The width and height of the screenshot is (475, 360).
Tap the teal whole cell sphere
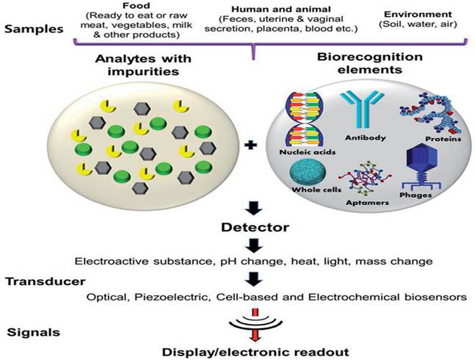[x=308, y=172]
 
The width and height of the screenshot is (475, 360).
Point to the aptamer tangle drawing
[x=366, y=179]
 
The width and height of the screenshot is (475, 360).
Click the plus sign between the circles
[x=250, y=145]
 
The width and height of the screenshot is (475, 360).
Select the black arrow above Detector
[x=254, y=208]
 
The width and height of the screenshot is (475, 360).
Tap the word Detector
[x=255, y=227]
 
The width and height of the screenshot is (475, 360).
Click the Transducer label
[x=46, y=281]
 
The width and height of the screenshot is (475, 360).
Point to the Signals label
[x=33, y=332]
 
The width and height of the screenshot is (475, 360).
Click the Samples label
[x=34, y=29]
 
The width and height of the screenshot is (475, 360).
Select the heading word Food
[x=137, y=6]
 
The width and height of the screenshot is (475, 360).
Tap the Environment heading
[x=418, y=14]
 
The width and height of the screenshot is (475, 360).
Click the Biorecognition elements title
[x=369, y=63]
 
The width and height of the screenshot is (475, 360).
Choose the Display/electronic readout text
[x=255, y=352]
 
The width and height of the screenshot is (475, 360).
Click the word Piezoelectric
[x=173, y=298]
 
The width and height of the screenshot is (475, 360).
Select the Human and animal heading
[x=281, y=10]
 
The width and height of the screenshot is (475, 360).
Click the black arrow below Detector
[x=254, y=245]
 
